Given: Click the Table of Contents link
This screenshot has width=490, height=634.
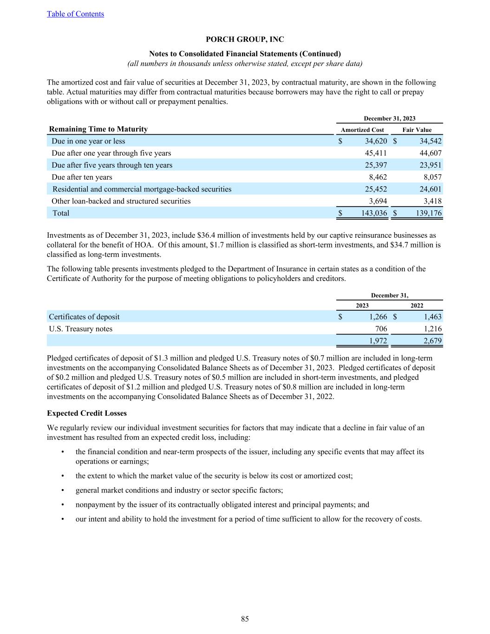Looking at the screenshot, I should click(75, 14).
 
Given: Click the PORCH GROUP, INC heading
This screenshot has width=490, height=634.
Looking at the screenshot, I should click(245, 39).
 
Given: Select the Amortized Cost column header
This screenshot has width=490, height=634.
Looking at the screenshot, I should click(362, 130).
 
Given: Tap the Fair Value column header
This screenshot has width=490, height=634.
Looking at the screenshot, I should click(417, 130).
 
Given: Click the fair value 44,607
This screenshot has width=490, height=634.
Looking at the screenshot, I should click(430, 153).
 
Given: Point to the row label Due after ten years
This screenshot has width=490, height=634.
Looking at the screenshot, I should click(82, 177).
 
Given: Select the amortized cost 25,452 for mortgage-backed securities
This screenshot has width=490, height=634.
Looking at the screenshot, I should click(374, 189).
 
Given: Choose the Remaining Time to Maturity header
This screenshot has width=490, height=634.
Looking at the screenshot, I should click(98, 129).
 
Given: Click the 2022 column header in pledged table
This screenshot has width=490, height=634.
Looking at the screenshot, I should click(417, 306).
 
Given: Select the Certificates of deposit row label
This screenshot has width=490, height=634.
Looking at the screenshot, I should click(84, 317).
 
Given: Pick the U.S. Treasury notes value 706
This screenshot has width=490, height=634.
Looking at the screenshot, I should click(381, 329).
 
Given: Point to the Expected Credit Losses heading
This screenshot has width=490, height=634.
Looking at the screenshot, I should click(87, 413).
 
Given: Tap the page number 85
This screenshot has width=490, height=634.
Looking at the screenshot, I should click(245, 619).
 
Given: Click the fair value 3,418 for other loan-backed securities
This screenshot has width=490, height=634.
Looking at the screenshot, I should click(433, 201).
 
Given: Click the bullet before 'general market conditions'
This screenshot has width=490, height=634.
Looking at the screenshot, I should click(62, 490).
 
